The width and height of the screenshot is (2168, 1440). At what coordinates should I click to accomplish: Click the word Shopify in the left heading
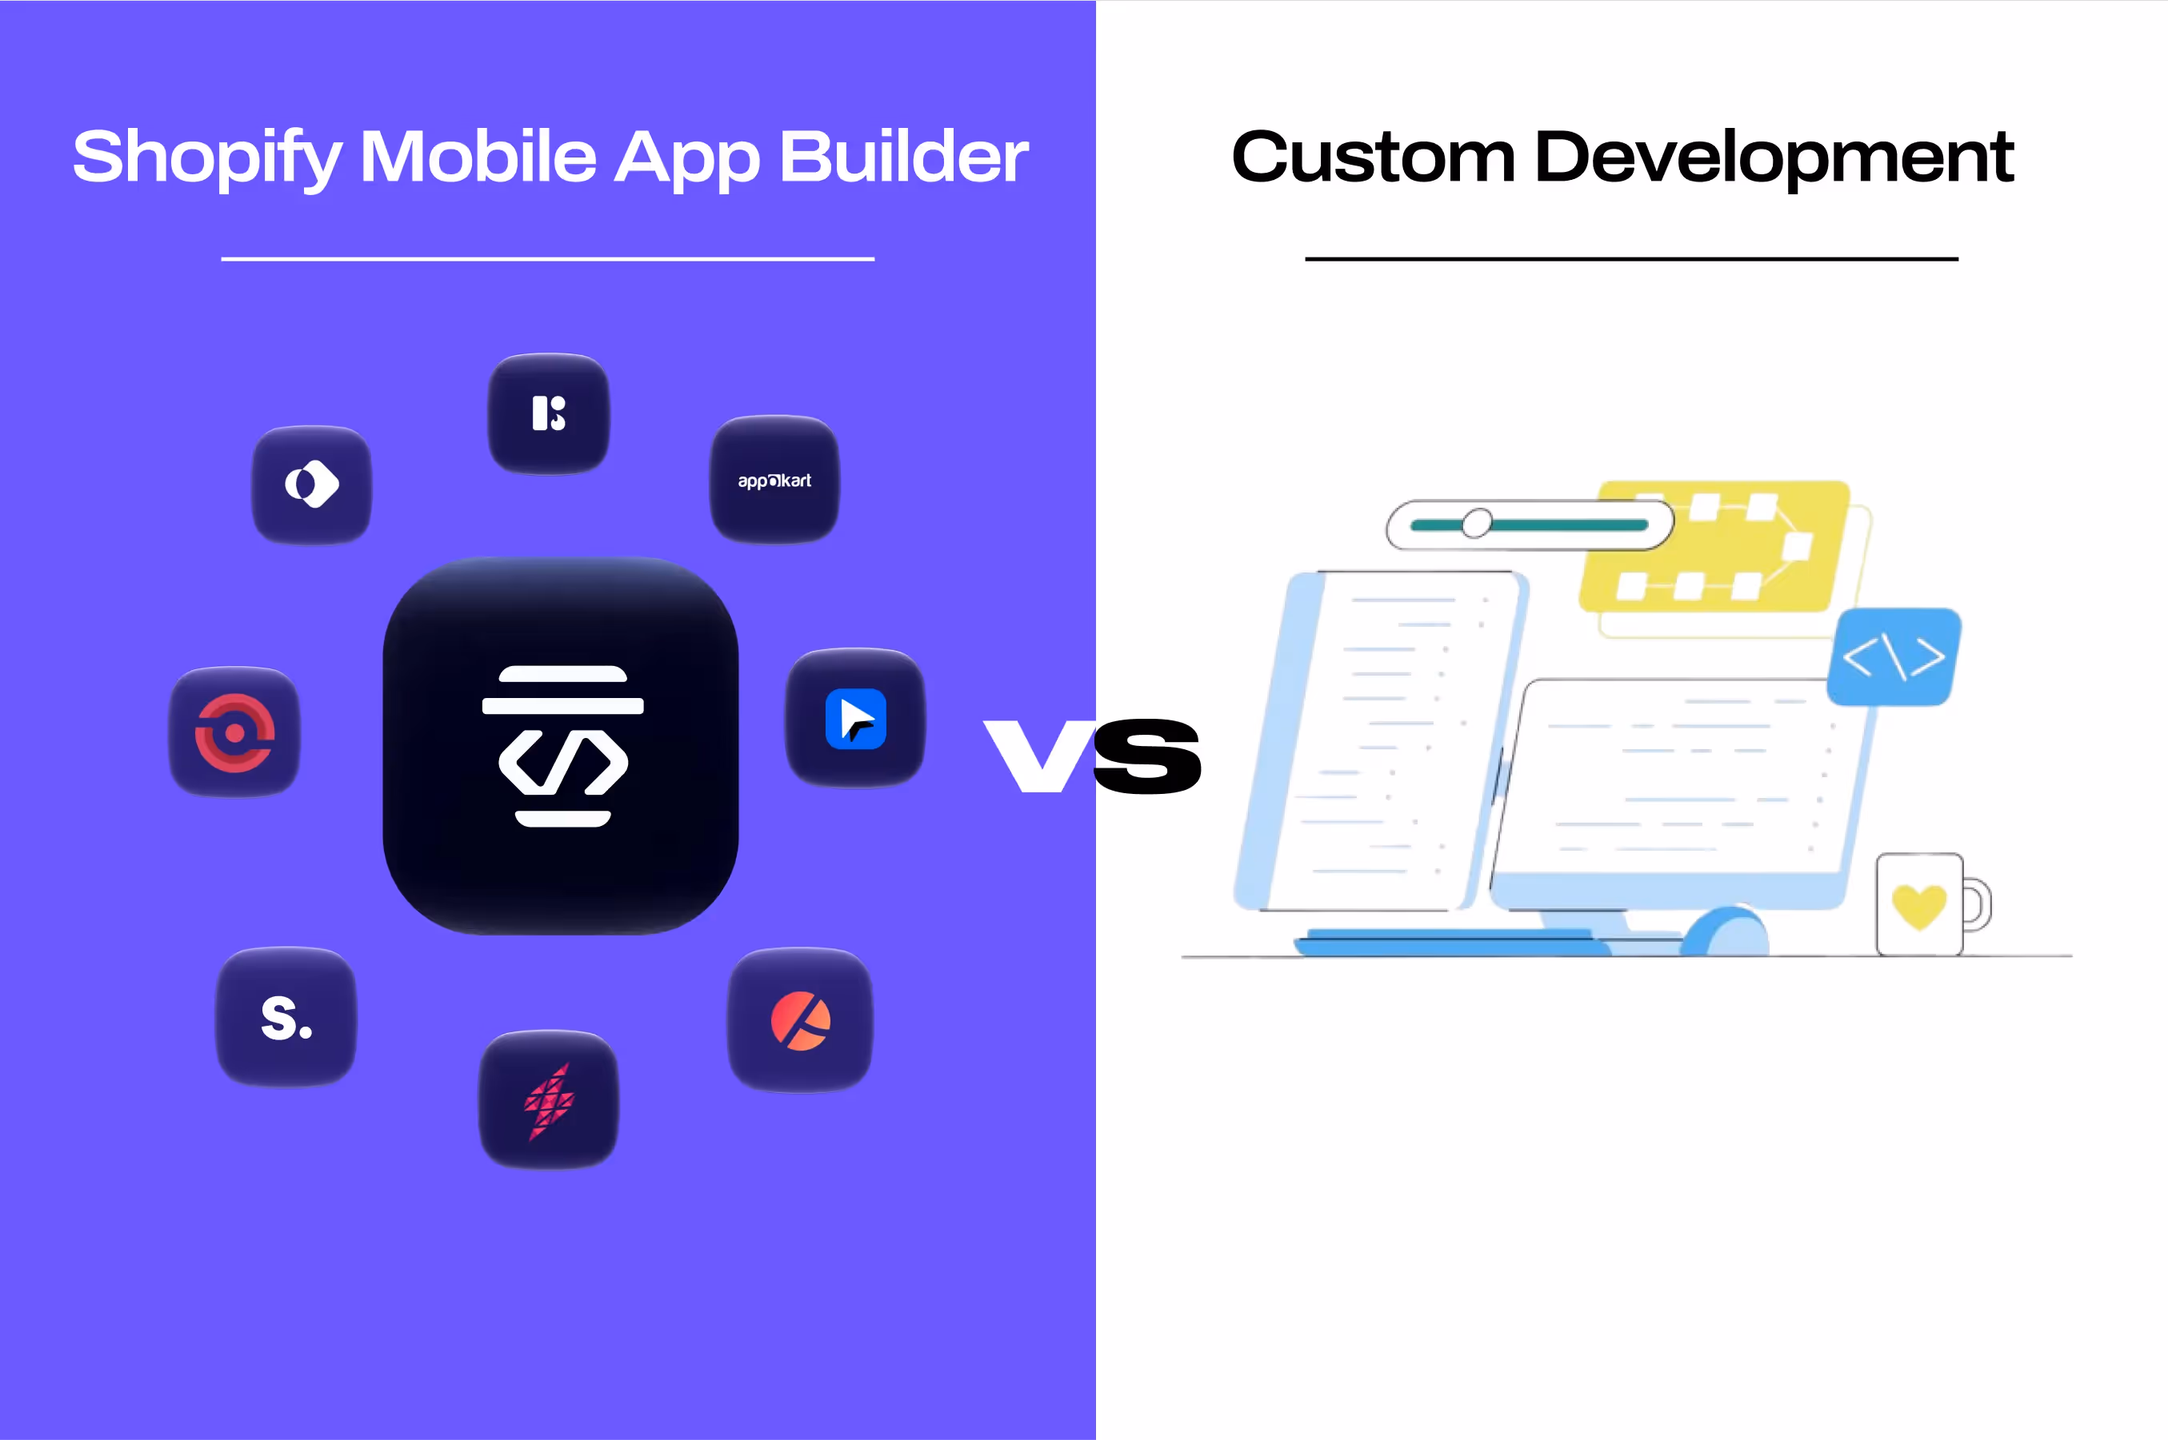pyautogui.click(x=206, y=158)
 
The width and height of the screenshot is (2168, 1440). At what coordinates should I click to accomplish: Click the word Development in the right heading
pyautogui.click(x=1774, y=158)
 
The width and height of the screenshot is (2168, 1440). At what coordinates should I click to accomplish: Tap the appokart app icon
pyautogui.click(x=774, y=481)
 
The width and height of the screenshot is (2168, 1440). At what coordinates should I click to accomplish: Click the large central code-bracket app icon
pyautogui.click(x=562, y=745)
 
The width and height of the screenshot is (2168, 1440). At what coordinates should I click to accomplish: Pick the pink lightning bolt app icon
pyautogui.click(x=549, y=1100)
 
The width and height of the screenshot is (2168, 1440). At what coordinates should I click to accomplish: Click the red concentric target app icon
pyautogui.click(x=234, y=732)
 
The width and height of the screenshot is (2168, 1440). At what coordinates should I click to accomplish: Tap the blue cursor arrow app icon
pyautogui.click(x=855, y=718)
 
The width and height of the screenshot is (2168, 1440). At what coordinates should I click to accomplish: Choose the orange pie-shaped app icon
pyautogui.click(x=800, y=1020)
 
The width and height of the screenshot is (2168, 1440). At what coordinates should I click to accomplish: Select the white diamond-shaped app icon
pyautogui.click(x=311, y=484)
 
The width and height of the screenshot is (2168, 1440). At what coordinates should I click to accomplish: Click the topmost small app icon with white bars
pyautogui.click(x=549, y=413)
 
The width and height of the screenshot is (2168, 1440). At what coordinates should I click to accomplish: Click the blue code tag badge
pyautogui.click(x=1894, y=656)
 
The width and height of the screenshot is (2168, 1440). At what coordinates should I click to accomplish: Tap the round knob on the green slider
pyautogui.click(x=1476, y=524)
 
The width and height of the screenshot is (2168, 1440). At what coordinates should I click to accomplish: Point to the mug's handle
pyautogui.click(x=1978, y=904)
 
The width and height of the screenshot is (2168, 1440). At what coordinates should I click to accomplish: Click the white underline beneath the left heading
pyautogui.click(x=547, y=259)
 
